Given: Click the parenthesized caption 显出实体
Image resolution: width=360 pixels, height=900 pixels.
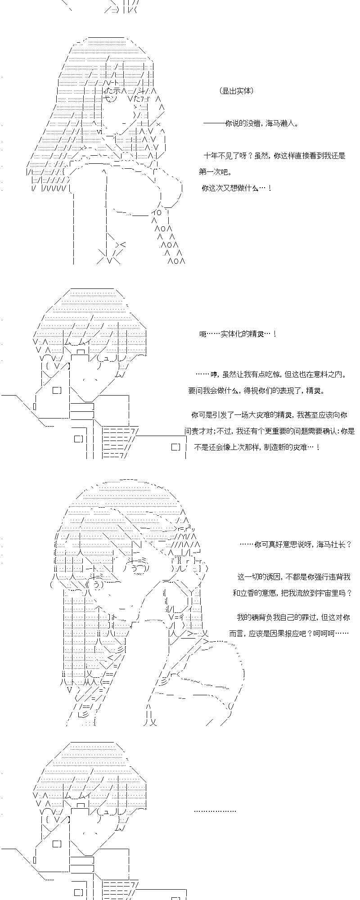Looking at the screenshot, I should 237,91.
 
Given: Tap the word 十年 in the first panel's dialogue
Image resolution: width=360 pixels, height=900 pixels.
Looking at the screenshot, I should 211,156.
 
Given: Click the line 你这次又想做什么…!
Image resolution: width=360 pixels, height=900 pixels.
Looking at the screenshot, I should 236,188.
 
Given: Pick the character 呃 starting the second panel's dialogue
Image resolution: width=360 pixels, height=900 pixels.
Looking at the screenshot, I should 202,334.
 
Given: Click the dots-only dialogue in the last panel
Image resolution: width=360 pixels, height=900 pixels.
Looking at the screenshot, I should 215,811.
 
